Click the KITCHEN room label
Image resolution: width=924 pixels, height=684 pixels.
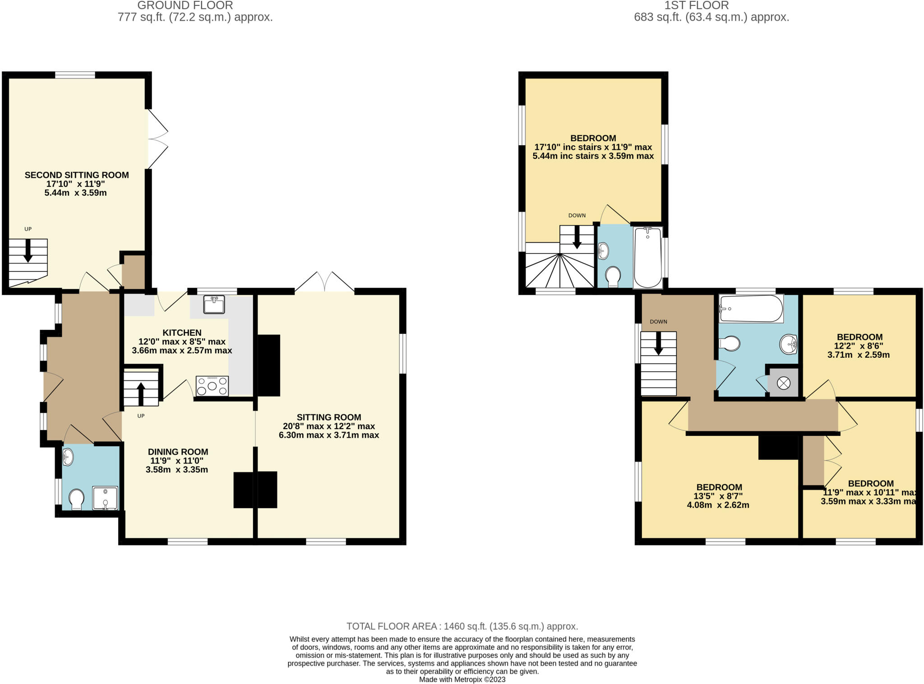182,333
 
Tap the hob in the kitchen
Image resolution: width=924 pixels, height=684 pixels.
212,386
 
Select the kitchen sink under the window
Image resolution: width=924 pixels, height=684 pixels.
214,305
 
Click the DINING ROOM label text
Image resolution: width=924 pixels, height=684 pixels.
178,452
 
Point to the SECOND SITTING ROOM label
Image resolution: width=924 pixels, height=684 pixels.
77,175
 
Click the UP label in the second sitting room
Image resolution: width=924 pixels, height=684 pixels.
28,229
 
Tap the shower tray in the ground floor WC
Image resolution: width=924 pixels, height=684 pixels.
105,498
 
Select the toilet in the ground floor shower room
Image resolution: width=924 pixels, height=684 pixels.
77,500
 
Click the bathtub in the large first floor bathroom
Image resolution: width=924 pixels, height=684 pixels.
751,309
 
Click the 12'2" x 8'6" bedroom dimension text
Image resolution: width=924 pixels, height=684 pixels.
859,346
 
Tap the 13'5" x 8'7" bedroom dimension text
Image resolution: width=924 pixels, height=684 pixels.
719,496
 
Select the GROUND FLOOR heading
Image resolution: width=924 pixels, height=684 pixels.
185,5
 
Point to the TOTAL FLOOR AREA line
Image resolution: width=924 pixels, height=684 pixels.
462,626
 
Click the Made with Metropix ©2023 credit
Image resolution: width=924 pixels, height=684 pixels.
462,679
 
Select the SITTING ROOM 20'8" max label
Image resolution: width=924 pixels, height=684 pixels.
328,426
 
